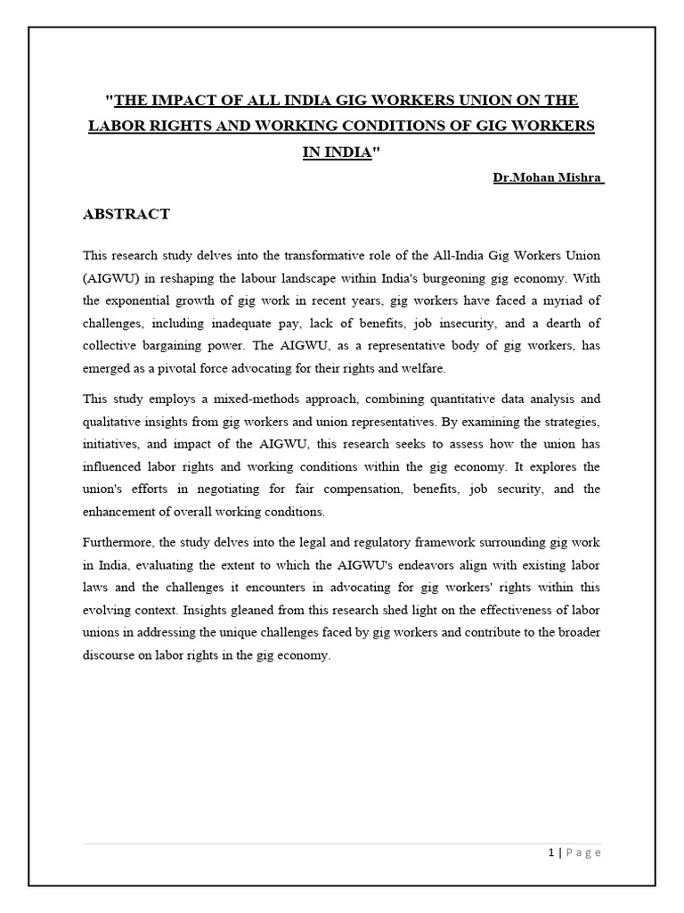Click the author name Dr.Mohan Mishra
click(549, 177)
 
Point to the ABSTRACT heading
click(126, 214)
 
